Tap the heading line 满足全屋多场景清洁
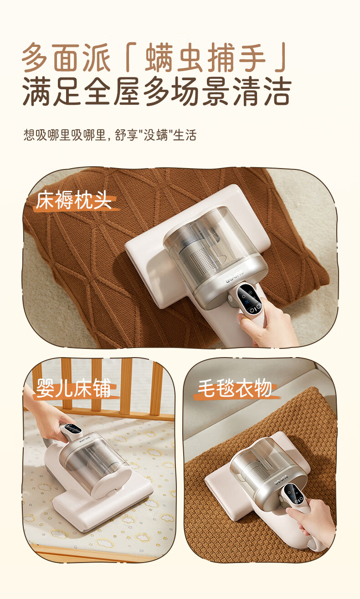[157, 91]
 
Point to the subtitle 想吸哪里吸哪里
[65, 135]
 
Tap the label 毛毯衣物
[235, 388]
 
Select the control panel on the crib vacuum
[72, 429]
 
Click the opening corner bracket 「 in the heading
[130, 57]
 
